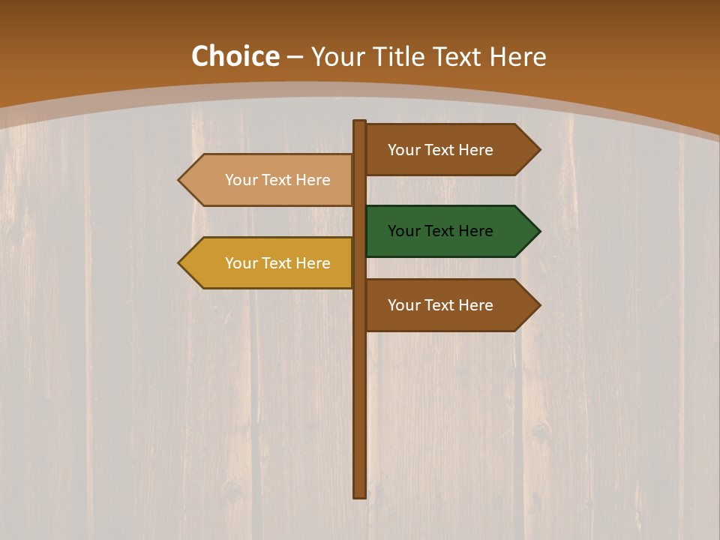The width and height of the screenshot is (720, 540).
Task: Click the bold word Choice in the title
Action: pyautogui.click(x=235, y=57)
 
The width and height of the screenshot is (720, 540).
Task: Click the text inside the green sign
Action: pyautogui.click(x=440, y=231)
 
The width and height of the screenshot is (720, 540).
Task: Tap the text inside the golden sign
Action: pyautogui.click(x=277, y=263)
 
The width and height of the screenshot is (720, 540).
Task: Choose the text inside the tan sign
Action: pyautogui.click(x=277, y=180)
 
